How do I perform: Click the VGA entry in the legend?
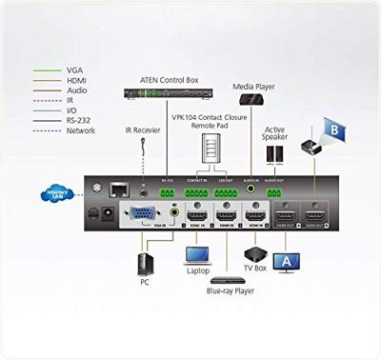(x=75, y=70)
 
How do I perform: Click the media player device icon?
(x=251, y=100)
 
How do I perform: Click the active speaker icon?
(x=274, y=155)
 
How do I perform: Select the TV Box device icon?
(x=253, y=254)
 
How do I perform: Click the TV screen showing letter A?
(x=285, y=259)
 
